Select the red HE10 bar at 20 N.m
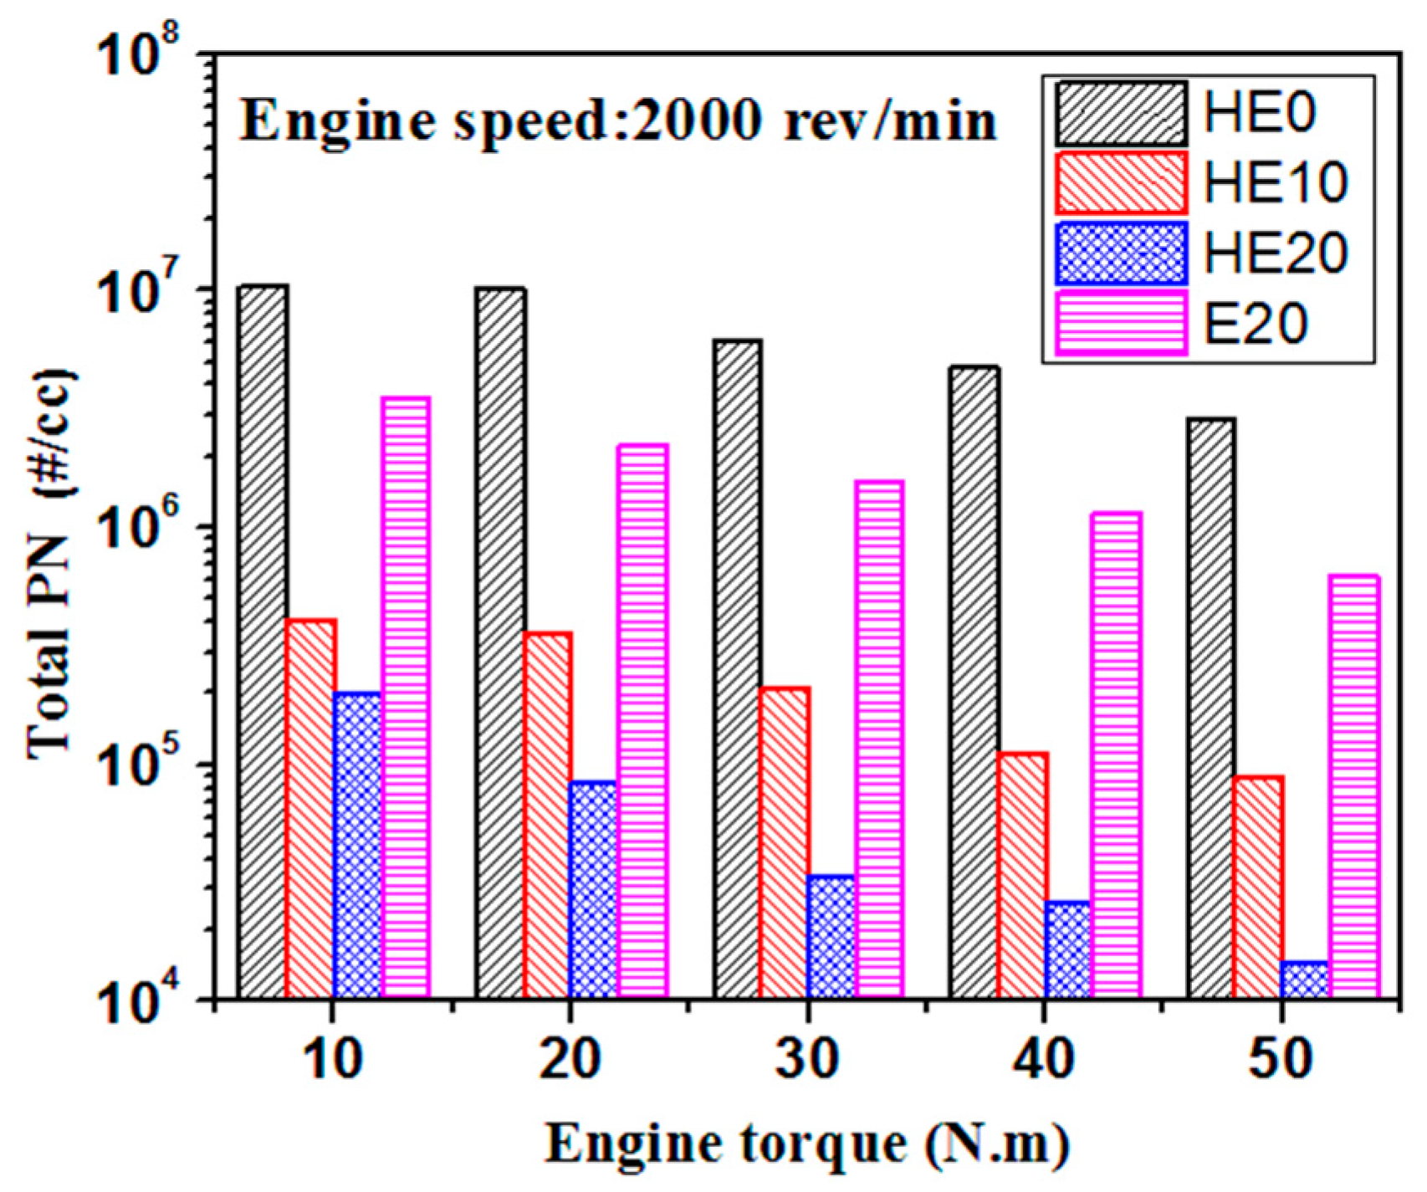coord(548,816)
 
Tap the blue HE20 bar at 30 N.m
coord(831,937)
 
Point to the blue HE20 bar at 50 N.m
coord(1305,980)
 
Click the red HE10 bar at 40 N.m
coord(1022,875)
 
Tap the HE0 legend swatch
coord(1121,114)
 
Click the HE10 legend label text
coord(1275,182)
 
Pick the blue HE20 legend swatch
coord(1121,253)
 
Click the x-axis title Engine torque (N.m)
coord(808,1143)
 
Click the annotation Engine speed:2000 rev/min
coord(619,122)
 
